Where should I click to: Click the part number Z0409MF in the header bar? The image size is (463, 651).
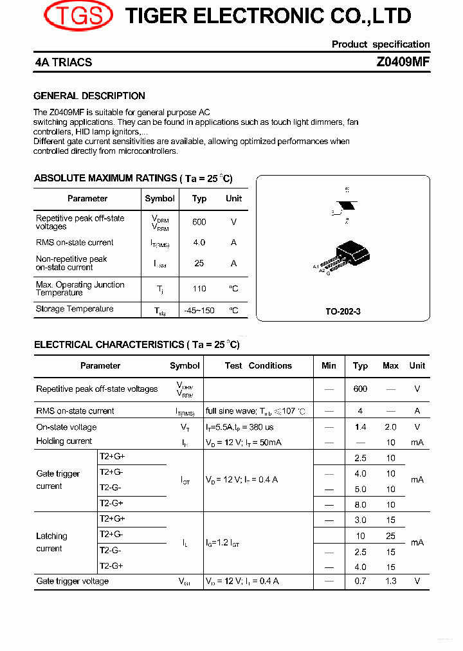pos(403,62)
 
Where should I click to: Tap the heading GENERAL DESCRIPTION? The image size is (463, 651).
pos(89,96)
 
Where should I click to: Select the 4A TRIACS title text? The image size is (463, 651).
pos(64,62)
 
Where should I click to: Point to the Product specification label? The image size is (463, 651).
pos(381,44)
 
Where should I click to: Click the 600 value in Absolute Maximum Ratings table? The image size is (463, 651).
pos(199,222)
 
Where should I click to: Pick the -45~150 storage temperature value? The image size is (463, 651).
pos(199,310)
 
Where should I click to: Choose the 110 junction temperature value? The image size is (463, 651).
pos(199,289)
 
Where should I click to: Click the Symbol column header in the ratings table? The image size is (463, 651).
pos(159,199)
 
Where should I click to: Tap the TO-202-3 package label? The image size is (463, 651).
pos(343,311)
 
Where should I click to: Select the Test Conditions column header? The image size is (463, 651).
pos(258,365)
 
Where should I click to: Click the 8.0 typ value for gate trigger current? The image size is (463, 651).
pos(360,505)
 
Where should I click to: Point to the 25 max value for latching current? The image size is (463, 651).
pos(390,536)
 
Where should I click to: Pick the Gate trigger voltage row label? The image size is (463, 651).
pos(73,582)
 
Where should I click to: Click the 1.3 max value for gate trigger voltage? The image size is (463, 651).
pos(390,582)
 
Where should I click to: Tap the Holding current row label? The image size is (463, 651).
pos(64,441)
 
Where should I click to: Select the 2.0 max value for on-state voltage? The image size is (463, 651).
pos(390,427)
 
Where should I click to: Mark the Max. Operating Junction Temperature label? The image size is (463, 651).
pos(80,289)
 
